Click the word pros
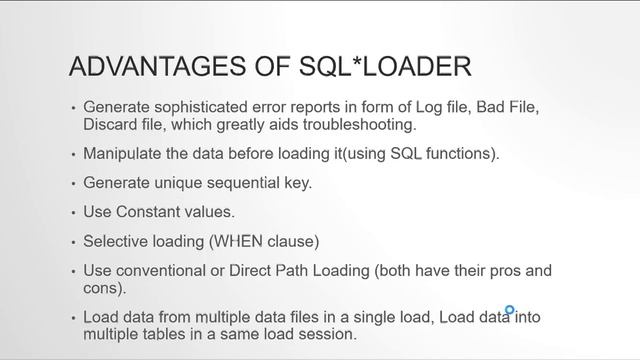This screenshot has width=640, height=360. (x=504, y=272)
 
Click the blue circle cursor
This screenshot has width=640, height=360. (x=510, y=311)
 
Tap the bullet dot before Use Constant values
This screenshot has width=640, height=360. (x=72, y=214)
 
